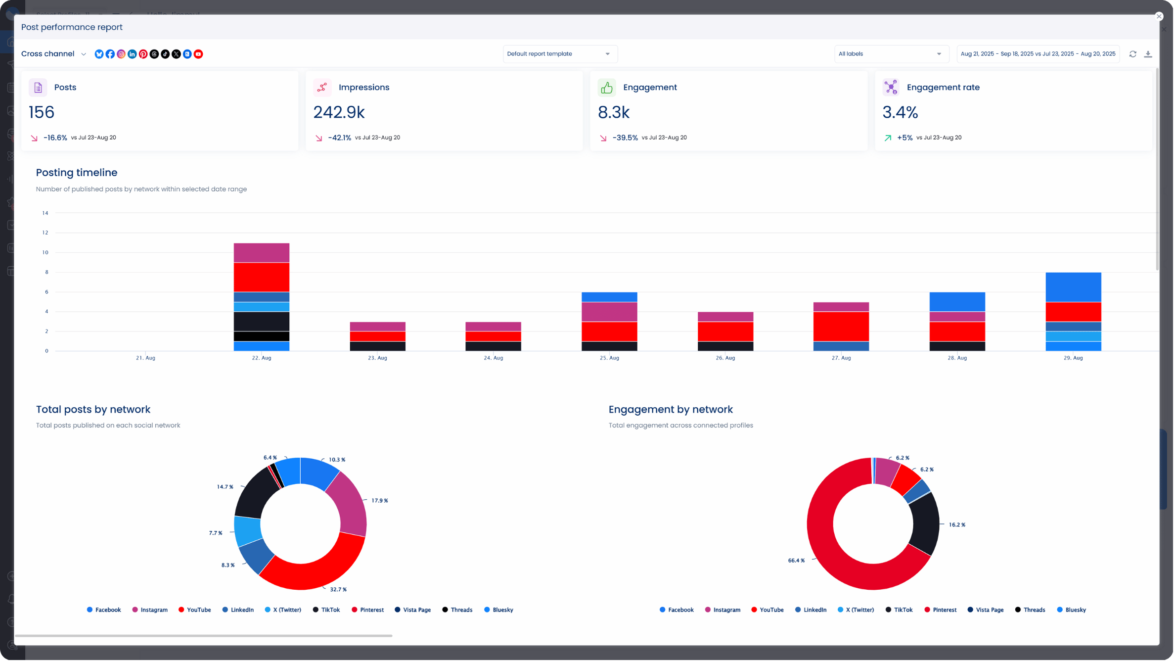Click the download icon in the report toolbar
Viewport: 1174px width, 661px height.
[1148, 54]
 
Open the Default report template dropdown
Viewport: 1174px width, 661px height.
[559, 54]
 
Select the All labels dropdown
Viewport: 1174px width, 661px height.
[891, 54]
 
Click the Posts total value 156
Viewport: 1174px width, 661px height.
[42, 112]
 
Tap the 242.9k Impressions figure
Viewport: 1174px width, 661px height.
[339, 112]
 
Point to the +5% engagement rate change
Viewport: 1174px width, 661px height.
[904, 138]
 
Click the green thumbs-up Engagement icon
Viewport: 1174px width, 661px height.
[606, 88]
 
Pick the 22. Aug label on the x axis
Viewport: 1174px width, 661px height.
[262, 358]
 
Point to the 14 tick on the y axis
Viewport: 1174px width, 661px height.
[45, 213]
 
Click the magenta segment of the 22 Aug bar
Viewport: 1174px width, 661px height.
[262, 253]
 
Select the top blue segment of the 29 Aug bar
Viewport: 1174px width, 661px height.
[1073, 287]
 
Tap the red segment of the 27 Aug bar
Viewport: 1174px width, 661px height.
[841, 327]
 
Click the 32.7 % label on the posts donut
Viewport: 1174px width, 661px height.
[338, 589]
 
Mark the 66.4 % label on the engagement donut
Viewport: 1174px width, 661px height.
[796, 561]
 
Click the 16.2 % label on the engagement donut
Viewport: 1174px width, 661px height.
[957, 524]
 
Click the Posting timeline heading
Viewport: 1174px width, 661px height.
[77, 173]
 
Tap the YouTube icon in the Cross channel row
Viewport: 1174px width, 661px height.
[198, 54]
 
